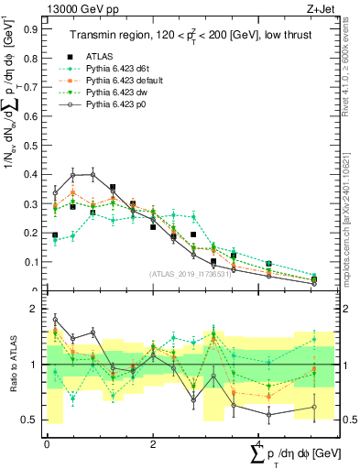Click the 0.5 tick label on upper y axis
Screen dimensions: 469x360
[x=31, y=145]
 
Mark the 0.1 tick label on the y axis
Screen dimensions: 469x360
[x=31, y=262]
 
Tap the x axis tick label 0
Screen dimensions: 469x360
[x=47, y=443]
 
